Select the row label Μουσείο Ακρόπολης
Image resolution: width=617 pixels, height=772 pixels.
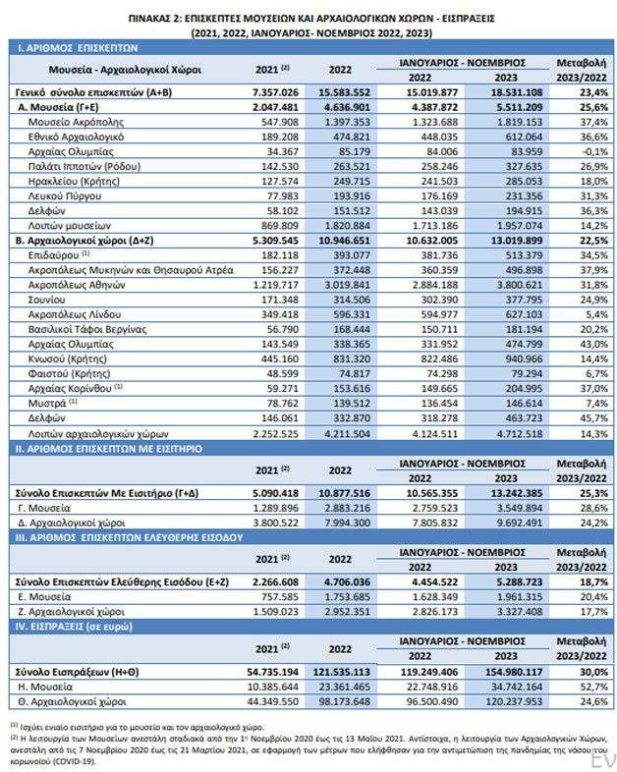click(x=76, y=122)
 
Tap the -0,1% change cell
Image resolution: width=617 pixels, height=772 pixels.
click(x=594, y=151)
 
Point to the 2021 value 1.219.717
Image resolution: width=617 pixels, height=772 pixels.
click(x=276, y=285)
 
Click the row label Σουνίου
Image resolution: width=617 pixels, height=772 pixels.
click(x=47, y=300)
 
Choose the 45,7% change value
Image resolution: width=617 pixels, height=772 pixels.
click(x=594, y=418)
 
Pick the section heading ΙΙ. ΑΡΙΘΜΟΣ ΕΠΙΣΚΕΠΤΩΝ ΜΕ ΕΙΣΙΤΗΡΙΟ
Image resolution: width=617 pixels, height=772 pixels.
click(x=109, y=449)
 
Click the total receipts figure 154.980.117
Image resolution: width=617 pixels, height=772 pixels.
click(x=514, y=672)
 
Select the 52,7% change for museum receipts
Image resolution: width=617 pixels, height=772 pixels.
click(x=594, y=687)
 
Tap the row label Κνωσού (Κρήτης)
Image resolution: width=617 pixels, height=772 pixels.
click(x=68, y=358)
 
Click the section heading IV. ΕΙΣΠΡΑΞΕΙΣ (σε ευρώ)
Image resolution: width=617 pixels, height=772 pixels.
click(x=74, y=627)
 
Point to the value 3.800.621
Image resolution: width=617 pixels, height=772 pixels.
click(x=519, y=285)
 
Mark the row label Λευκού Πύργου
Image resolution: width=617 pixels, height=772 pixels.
click(x=65, y=196)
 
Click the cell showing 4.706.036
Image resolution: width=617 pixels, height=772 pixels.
click(x=347, y=582)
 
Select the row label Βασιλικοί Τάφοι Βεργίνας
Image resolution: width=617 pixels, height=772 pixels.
click(x=87, y=329)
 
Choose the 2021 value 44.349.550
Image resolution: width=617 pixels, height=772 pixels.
click(x=272, y=701)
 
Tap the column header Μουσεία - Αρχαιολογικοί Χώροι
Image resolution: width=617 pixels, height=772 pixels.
click(x=125, y=70)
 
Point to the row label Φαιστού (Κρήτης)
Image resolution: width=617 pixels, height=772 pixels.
click(x=69, y=373)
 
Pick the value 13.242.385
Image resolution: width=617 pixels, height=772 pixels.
click(x=515, y=493)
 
